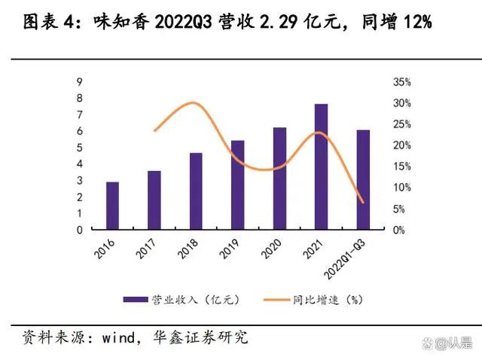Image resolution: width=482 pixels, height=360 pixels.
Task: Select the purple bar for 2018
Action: [x=196, y=191]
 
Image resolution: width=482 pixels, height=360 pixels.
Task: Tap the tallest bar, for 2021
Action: [x=322, y=166]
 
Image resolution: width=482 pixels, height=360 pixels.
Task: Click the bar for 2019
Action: [x=237, y=185]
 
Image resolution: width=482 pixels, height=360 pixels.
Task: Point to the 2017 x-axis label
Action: [x=148, y=251]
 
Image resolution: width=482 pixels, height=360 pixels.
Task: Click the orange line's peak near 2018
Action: [x=193, y=103]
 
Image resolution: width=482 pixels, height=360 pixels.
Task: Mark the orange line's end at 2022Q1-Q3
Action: [x=363, y=202]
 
